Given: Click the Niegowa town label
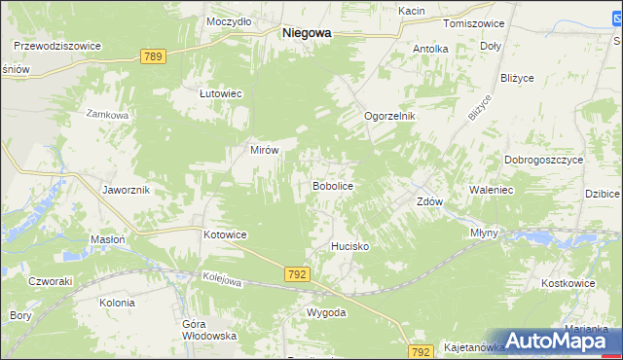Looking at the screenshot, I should pyautogui.click(x=306, y=32).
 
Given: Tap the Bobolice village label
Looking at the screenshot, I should pyautogui.click(x=331, y=185).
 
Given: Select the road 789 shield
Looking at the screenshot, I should pyautogui.click(x=152, y=57).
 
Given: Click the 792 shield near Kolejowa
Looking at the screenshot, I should pyautogui.click(x=298, y=275).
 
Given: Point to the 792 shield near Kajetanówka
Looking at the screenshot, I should pyautogui.click(x=421, y=350).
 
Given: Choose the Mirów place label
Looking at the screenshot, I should pyautogui.click(x=266, y=151).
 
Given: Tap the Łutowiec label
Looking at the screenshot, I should pyautogui.click(x=220, y=93).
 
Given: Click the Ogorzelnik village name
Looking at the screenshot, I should pyautogui.click(x=389, y=116).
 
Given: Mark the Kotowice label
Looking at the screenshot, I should pyautogui.click(x=225, y=235).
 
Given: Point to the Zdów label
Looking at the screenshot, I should pyautogui.click(x=429, y=202).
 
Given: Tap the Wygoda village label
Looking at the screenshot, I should pyautogui.click(x=326, y=312).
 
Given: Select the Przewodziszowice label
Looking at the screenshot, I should pyautogui.click(x=57, y=45).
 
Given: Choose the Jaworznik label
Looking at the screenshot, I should pyautogui.click(x=126, y=190).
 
